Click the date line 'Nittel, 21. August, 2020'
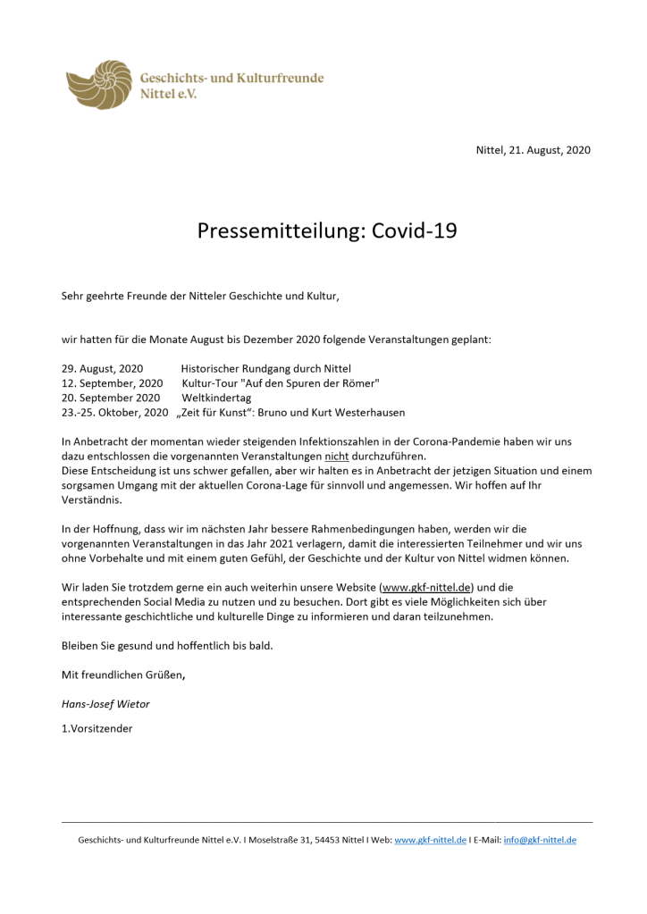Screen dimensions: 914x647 (533, 150)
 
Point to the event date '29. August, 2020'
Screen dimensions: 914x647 (102, 369)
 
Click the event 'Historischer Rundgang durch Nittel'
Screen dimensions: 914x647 (265, 369)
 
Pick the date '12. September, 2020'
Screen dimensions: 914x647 (106, 383)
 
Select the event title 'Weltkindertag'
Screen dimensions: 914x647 (216, 398)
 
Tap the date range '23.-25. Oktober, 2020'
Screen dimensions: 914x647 (114, 413)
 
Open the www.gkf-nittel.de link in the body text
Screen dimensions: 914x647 (426, 587)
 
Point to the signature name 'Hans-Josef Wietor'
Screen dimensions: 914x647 (105, 703)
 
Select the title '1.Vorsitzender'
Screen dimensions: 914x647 (97, 728)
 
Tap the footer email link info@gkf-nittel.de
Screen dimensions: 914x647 (540, 840)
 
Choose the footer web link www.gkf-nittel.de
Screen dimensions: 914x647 (430, 840)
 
